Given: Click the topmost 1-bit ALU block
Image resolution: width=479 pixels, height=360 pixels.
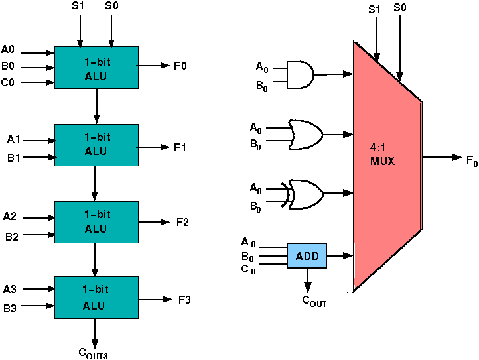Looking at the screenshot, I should [x=96, y=68].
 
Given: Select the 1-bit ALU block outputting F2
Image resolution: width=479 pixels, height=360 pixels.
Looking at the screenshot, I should [x=96, y=222].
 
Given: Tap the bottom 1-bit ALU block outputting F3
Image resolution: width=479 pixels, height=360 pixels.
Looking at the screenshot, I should [x=96, y=298].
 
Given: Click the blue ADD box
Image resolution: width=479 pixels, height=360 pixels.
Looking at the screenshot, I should [x=307, y=255].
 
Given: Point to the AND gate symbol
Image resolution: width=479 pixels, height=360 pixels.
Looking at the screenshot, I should [x=301, y=74].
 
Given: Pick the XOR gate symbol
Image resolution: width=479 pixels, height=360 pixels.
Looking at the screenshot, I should [x=305, y=193].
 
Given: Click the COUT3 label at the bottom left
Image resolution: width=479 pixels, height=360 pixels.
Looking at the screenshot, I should [x=94, y=353].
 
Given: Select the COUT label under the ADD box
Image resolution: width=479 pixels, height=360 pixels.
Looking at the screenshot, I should [x=314, y=301].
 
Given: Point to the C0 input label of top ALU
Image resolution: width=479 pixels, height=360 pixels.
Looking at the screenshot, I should [x=8, y=82].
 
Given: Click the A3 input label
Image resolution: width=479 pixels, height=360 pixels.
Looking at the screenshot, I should [x=10, y=289].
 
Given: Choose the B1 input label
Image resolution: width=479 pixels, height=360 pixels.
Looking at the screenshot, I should [x=13, y=158].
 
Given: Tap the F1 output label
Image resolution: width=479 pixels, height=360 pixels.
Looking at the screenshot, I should [x=180, y=147].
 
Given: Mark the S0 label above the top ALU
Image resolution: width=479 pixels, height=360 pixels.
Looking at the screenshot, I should [x=111, y=6].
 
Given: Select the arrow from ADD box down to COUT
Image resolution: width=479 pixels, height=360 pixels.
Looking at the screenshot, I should [x=307, y=280].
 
